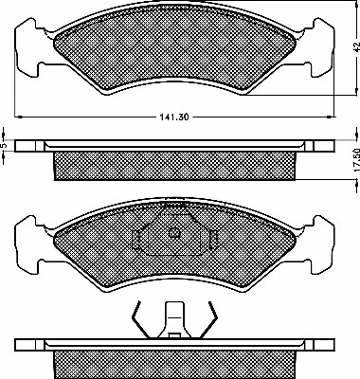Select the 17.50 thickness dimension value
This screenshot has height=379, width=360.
tap(351, 157)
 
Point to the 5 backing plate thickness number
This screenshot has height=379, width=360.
tap(6, 147)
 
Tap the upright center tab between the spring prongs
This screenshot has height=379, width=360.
tap(173, 316)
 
